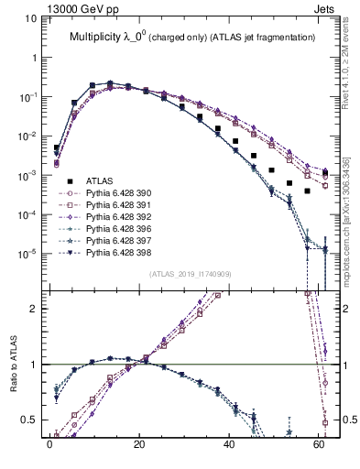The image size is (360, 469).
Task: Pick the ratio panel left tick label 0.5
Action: coord(29,420)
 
